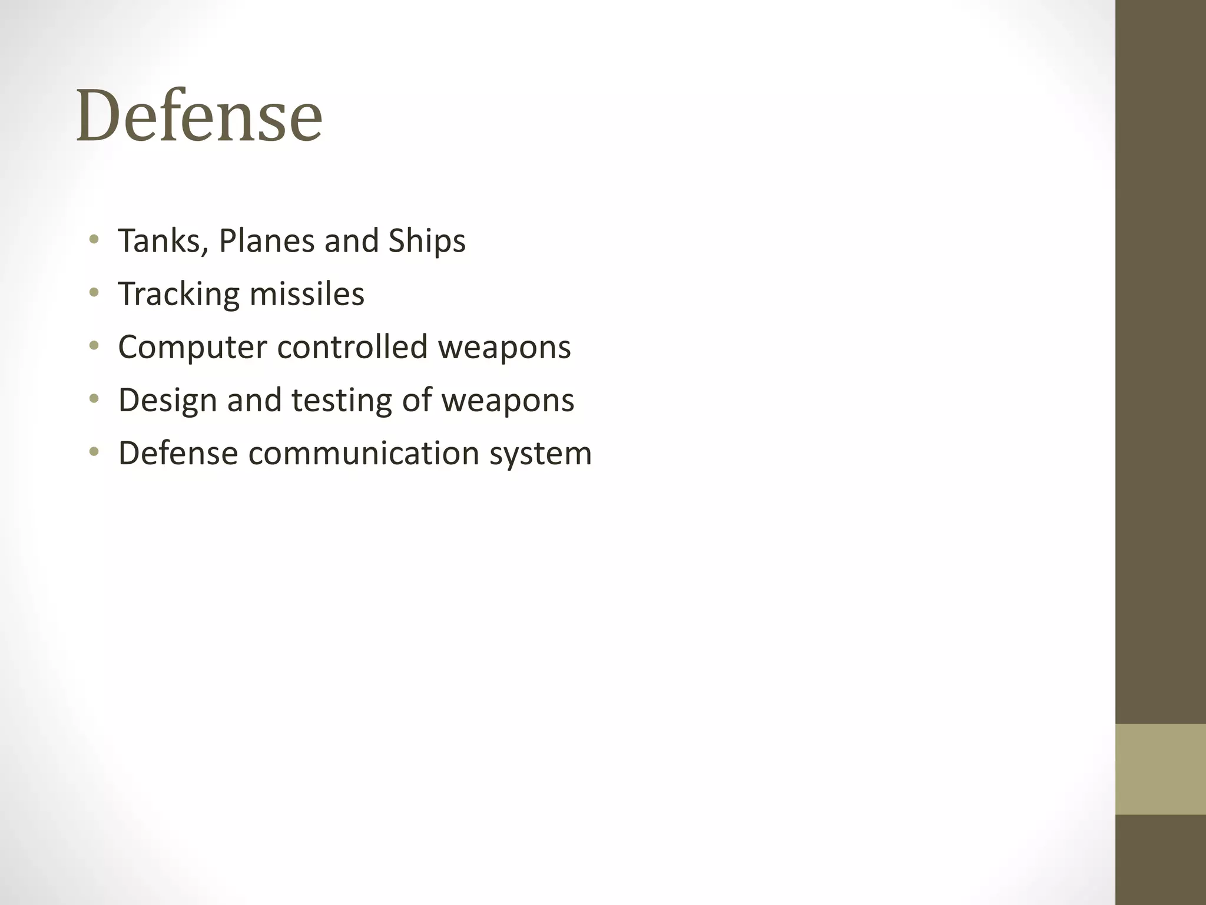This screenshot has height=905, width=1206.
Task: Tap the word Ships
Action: click(427, 240)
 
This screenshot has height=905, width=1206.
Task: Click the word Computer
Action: click(193, 346)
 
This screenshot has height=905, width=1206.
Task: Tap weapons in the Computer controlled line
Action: click(504, 346)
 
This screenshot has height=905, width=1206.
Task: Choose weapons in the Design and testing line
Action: click(508, 399)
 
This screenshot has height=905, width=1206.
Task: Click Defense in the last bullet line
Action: click(178, 452)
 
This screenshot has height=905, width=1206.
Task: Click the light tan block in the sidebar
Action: click(1161, 769)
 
